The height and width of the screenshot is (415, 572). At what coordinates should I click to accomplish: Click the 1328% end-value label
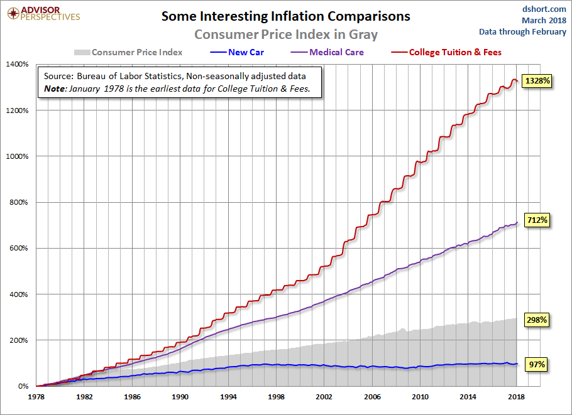[x=538, y=82]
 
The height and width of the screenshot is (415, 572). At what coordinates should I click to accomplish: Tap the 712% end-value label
[x=538, y=220]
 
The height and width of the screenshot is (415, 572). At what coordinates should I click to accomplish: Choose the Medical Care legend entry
[x=336, y=52]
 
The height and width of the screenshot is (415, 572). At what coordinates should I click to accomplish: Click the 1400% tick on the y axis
[x=17, y=64]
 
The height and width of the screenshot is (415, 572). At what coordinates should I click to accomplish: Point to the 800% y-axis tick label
[x=19, y=202]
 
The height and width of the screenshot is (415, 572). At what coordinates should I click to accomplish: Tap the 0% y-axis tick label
[x=23, y=386]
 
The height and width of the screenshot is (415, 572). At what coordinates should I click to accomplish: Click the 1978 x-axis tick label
[x=36, y=397]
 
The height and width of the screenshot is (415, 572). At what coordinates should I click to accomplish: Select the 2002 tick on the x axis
[x=324, y=397]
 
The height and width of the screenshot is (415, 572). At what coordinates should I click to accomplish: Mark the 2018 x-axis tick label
[x=517, y=397]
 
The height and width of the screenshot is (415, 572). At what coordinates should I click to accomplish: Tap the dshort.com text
[x=544, y=9]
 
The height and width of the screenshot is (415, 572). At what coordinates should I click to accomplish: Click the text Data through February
[x=522, y=31]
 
